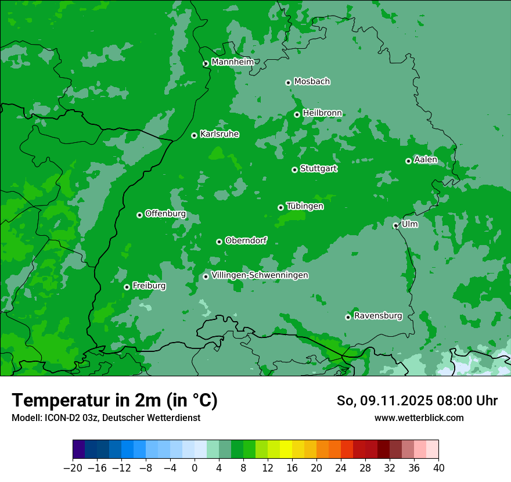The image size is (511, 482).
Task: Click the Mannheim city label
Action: click(x=232, y=62)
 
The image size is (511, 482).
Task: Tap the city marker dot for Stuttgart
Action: click(x=294, y=170)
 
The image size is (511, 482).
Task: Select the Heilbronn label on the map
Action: click(x=322, y=113)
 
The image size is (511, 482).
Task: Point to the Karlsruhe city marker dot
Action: click(x=194, y=135)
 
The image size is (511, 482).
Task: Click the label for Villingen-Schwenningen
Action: click(x=260, y=275)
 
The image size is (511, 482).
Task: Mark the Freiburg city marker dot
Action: click(x=127, y=287)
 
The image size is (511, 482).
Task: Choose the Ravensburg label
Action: click(x=378, y=316)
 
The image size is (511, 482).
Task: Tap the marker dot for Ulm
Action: click(x=395, y=225)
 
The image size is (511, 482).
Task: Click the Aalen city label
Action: click(x=426, y=160)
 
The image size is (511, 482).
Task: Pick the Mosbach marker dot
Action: click(x=288, y=82)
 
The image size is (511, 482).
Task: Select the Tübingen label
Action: click(x=305, y=206)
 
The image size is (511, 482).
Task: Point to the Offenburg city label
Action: click(x=165, y=214)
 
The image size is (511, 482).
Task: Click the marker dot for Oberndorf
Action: click(x=219, y=242)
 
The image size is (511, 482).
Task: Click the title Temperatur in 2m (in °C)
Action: click(x=115, y=401)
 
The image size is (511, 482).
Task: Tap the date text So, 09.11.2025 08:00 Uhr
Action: click(x=417, y=401)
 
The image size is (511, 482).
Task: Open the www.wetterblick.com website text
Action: click(x=419, y=418)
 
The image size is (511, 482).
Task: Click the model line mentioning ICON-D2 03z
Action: click(x=106, y=418)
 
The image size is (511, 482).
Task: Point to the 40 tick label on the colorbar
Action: click(x=438, y=468)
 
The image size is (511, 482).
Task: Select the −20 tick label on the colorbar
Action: click(x=73, y=468)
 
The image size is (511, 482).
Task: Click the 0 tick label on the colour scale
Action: click(x=195, y=468)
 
